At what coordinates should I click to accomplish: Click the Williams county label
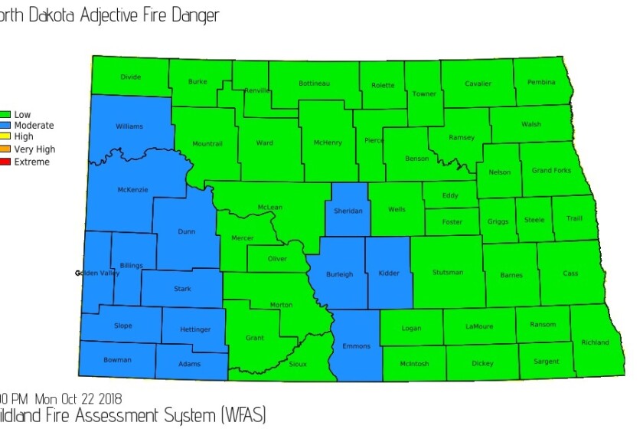coord(129,126)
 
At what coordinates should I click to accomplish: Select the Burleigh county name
coord(339,273)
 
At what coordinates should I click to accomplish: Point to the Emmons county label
coord(356,346)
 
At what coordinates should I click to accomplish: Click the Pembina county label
coord(541,82)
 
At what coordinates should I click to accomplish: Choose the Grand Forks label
coord(551,170)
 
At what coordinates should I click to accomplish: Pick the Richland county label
coord(595,342)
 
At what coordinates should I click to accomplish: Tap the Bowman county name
coord(118,359)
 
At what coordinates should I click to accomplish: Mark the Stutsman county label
coord(447,273)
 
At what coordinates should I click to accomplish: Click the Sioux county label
coord(298,365)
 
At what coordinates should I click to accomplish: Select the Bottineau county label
coord(314,83)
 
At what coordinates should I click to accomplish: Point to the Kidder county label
coord(389,273)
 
